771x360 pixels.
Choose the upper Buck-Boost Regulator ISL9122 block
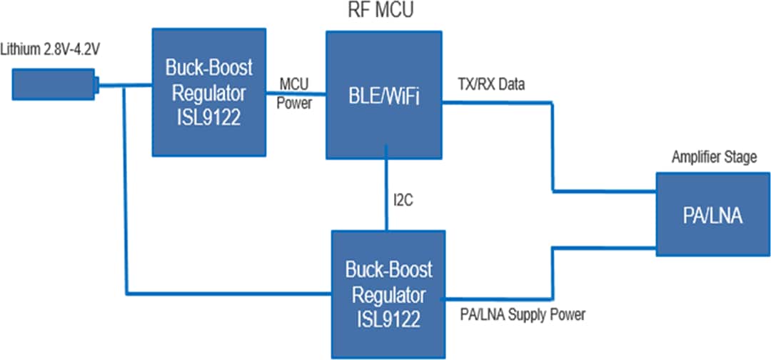208,92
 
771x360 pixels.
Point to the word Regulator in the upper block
208,93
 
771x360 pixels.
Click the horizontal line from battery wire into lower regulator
228,293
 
